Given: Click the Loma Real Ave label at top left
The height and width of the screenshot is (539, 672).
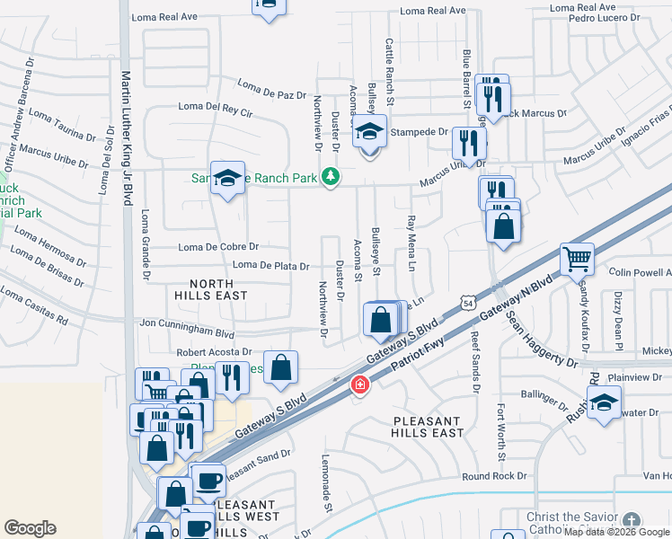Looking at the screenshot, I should (164, 17).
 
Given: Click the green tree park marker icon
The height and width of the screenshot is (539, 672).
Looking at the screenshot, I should (331, 177).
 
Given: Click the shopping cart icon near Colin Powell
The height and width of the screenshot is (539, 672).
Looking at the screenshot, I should (577, 259).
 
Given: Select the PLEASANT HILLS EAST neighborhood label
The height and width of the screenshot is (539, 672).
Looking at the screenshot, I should (428, 427).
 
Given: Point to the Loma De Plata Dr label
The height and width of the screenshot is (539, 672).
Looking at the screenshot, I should (271, 266).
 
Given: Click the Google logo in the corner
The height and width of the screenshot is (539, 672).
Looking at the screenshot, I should (30, 528).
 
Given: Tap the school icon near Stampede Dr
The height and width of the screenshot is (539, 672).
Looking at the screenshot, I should (368, 133).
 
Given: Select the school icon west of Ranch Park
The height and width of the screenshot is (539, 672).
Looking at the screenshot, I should (227, 178).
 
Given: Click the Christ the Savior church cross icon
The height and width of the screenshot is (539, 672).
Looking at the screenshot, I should (632, 521).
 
